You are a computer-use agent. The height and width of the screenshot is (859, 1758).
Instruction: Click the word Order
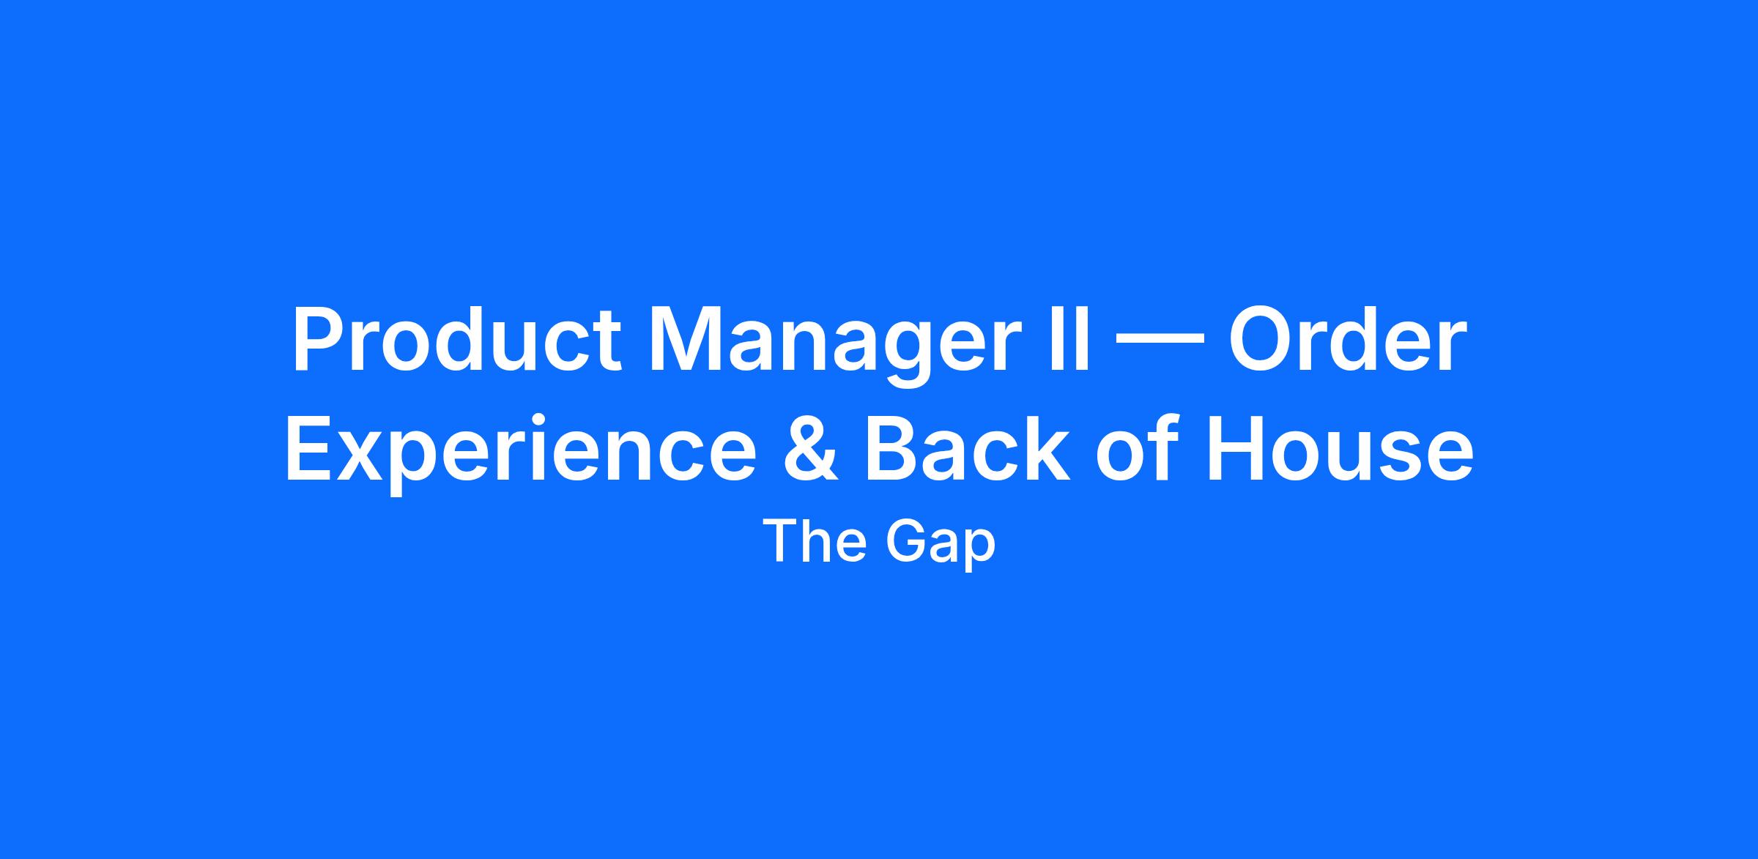click(x=1347, y=340)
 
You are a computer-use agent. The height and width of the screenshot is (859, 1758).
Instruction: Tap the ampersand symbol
click(x=810, y=447)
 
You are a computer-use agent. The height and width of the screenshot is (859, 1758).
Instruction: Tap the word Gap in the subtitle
click(x=941, y=546)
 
